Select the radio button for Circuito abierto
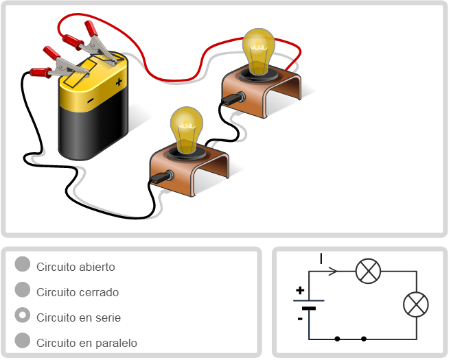tap(23, 265)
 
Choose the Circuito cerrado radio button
tap(23, 290)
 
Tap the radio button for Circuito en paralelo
tap(23, 341)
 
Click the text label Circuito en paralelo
tap(86, 343)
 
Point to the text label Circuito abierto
tap(76, 267)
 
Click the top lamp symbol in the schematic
tap(368, 271)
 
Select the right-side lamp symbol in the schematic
tap(415, 304)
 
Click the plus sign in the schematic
tap(300, 291)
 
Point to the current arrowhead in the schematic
tap(334, 271)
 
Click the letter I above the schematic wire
tap(321, 259)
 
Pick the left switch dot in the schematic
tap(337, 339)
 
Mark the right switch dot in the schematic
tap(363, 339)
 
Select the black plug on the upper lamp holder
tap(234, 98)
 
